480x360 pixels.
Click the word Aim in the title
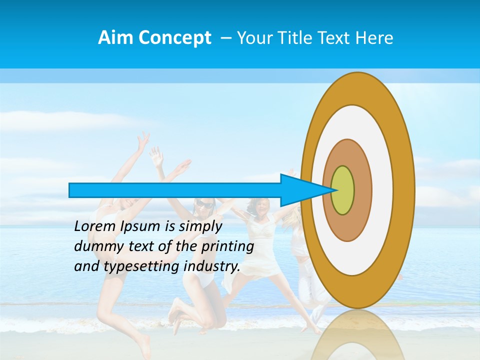click(x=115, y=38)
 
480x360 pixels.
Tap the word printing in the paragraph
click(x=227, y=246)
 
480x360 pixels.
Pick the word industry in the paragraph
click(x=211, y=266)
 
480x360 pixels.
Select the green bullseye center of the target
click(x=342, y=190)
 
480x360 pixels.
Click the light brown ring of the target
click(x=362, y=190)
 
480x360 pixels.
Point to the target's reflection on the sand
click(x=357, y=335)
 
